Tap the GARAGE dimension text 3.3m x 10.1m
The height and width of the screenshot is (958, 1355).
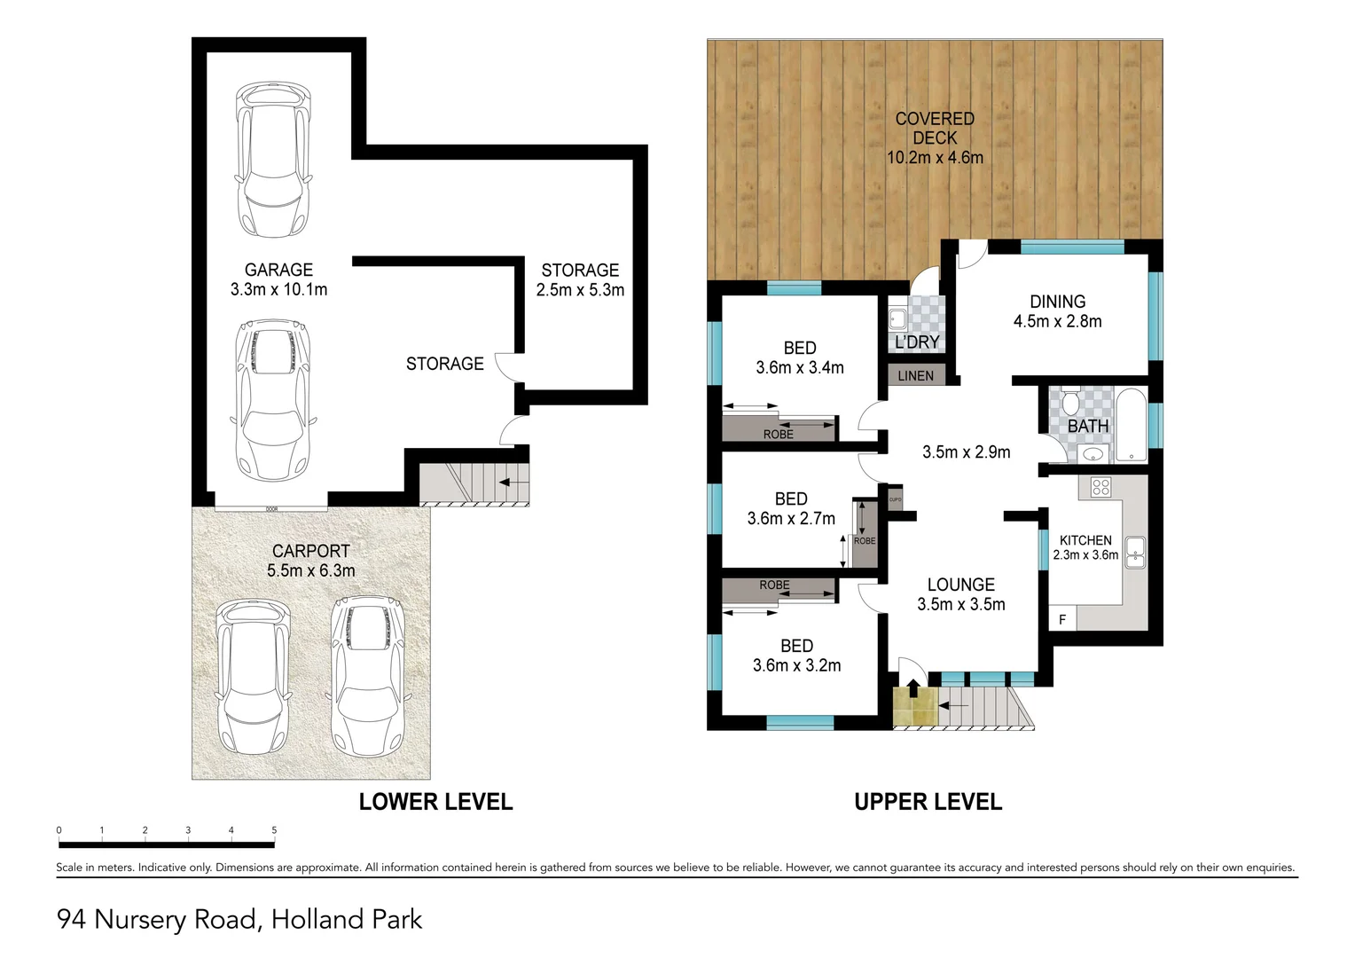click(x=278, y=289)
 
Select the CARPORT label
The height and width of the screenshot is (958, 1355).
click(x=310, y=551)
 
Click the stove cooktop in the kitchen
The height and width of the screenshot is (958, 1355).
click(x=1100, y=486)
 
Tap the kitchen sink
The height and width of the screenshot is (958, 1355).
click(x=1134, y=552)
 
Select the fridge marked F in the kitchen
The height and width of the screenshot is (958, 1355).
click(x=1062, y=620)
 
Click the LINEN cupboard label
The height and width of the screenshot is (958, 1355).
click(x=915, y=376)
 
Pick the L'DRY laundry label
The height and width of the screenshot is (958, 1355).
click(x=917, y=342)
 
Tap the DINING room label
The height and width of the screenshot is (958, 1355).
click(x=1057, y=302)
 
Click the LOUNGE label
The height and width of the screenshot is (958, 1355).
click(x=960, y=585)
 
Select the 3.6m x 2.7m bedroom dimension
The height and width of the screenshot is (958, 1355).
click(x=791, y=519)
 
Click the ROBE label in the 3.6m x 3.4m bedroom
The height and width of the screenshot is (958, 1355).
click(x=778, y=435)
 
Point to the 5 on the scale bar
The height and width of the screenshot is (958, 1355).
click(x=274, y=830)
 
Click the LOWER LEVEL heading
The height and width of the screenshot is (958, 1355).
click(x=435, y=802)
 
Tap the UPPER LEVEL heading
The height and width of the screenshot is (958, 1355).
click(x=928, y=802)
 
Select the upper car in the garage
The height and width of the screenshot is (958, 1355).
click(x=273, y=160)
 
